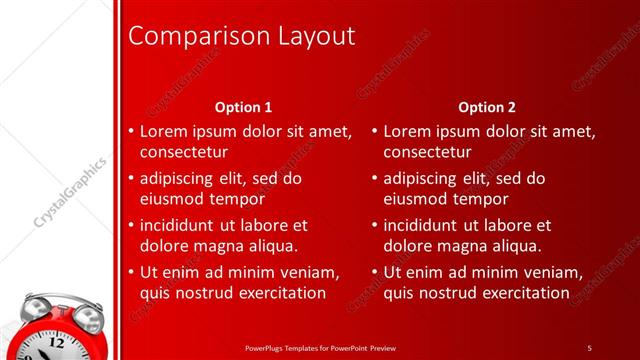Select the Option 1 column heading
tap(244, 106)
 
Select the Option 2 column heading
tap(487, 106)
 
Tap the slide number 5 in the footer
tap(589, 348)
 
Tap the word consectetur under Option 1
tap(184, 153)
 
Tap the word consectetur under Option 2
tap(428, 153)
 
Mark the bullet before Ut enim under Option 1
tap(131, 272)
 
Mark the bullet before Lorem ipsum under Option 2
tap(375, 131)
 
